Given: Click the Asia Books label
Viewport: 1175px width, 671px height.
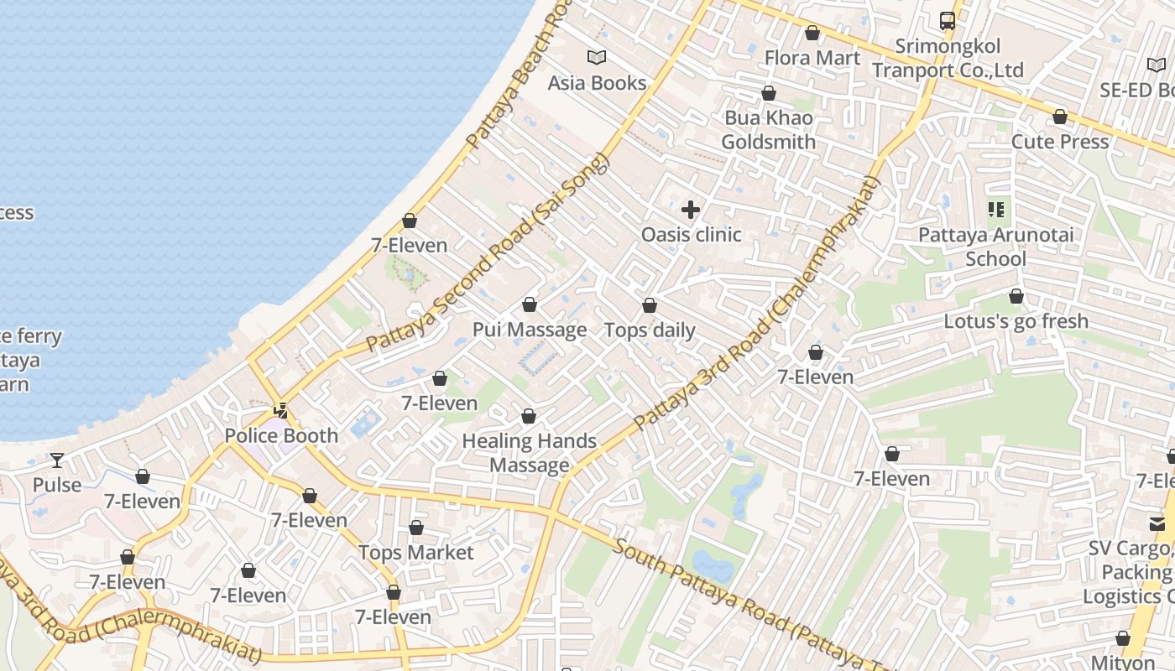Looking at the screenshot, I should pyautogui.click(x=597, y=83).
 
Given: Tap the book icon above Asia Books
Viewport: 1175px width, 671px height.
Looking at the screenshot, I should pyautogui.click(x=597, y=58).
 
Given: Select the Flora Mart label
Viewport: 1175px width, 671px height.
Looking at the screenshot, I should pyautogui.click(x=812, y=58).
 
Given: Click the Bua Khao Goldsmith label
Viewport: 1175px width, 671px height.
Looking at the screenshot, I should pyautogui.click(x=768, y=130).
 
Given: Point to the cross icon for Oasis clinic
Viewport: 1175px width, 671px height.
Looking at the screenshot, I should pyautogui.click(x=691, y=210).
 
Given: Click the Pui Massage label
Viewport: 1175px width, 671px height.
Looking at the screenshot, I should pyautogui.click(x=529, y=330).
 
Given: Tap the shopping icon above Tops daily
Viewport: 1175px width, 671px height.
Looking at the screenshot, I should pyautogui.click(x=650, y=305).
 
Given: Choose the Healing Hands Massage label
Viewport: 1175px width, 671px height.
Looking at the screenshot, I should pyautogui.click(x=529, y=453).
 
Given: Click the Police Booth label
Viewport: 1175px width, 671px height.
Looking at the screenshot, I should pyautogui.click(x=281, y=435).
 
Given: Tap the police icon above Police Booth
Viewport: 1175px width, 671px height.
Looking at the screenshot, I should pyautogui.click(x=282, y=411).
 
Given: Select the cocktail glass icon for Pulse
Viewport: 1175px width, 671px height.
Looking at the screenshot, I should pyautogui.click(x=57, y=460).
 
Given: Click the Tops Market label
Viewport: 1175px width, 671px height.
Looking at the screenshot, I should pyautogui.click(x=415, y=553).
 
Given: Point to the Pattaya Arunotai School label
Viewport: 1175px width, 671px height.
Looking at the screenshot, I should pyautogui.click(x=995, y=247).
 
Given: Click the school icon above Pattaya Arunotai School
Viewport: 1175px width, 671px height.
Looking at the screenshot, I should pyautogui.click(x=996, y=210).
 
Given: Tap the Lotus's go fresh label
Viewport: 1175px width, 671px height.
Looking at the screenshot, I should pyautogui.click(x=1016, y=321).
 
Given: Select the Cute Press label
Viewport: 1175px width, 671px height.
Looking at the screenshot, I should pyautogui.click(x=1059, y=142).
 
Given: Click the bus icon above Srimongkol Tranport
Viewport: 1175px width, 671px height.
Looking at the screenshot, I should pyautogui.click(x=948, y=21).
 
